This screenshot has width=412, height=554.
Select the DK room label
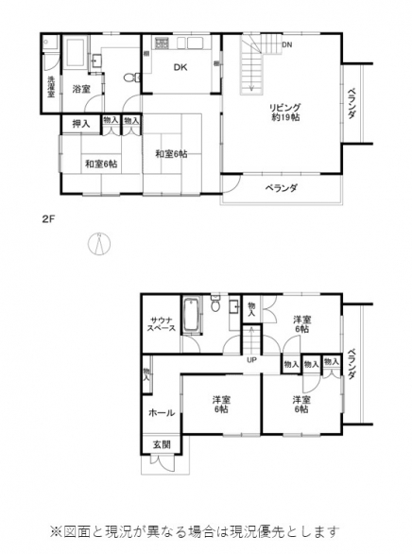pos(180,67)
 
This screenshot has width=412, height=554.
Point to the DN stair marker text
pos(286,44)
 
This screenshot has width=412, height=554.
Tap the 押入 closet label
pos(80,123)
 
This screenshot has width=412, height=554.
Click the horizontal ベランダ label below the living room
pos(281,188)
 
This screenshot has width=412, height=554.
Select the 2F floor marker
pos(48,218)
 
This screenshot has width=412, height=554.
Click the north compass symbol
pos(98,243)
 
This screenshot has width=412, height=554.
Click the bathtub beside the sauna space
pos(193,316)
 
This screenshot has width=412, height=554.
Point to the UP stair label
pos(252,360)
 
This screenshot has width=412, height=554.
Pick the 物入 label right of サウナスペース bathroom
pos(250,308)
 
